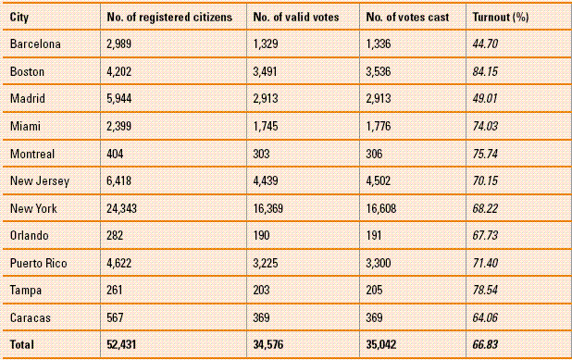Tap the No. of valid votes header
[294, 17]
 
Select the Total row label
[22, 343]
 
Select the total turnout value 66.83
[489, 343]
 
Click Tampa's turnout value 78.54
[489, 290]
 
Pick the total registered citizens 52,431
[124, 343]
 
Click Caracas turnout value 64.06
[489, 317]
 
